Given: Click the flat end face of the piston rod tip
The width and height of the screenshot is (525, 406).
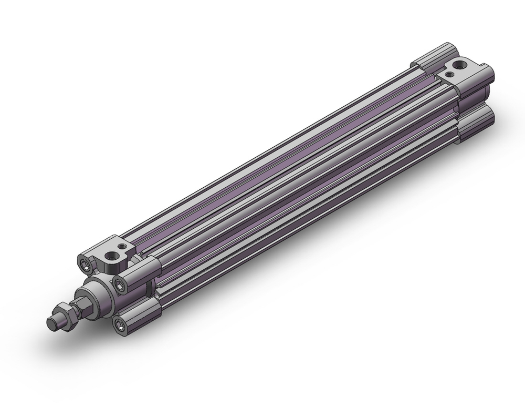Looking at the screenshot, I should [x=51, y=325].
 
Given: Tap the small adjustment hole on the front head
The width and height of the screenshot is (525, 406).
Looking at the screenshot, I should [x=124, y=246].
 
